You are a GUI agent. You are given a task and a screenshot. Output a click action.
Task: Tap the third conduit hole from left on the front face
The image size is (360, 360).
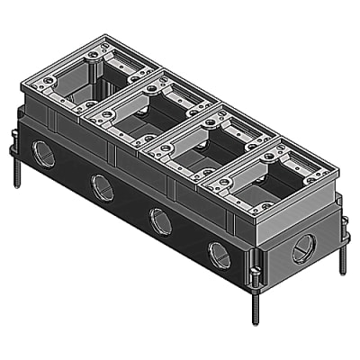pyautogui.click(x=161, y=220)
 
